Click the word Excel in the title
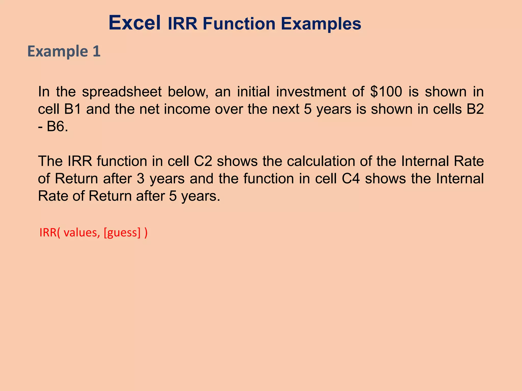click(135, 23)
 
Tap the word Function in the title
click(239, 24)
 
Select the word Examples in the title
click(321, 24)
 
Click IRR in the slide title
click(182, 24)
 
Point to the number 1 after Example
click(96, 51)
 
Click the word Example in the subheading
click(58, 52)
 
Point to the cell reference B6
click(57, 127)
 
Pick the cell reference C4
click(351, 179)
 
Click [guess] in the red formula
click(122, 233)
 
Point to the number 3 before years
click(140, 179)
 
